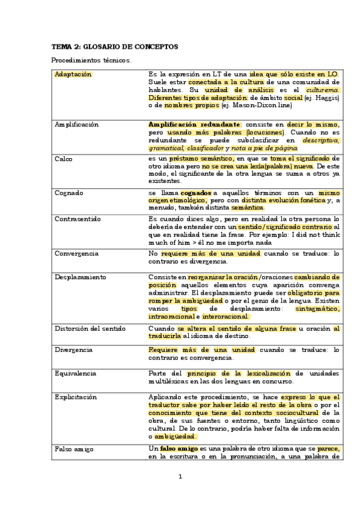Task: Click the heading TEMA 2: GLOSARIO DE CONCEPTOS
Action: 114,46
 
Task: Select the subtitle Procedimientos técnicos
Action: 91,61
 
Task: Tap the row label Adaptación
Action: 73,74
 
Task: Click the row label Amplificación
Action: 76,124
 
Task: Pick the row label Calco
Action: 63,158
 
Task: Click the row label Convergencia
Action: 76,254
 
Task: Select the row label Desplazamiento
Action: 80,277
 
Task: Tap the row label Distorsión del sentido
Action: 89,328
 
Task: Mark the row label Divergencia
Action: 73,349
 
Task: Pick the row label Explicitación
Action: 75,398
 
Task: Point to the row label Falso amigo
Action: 72,449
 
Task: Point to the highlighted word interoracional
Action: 225,316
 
